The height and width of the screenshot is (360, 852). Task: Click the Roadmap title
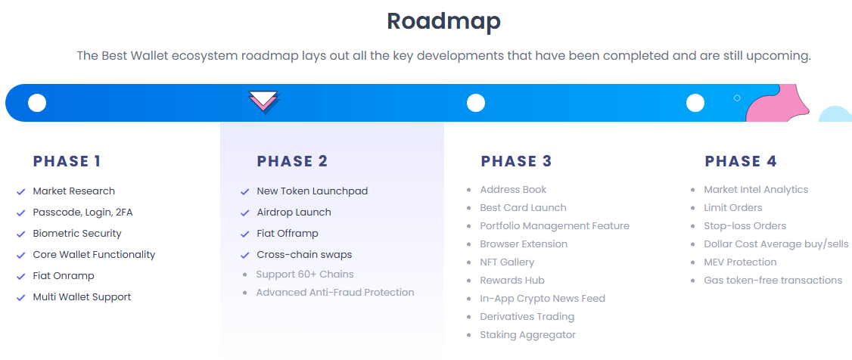point(443,21)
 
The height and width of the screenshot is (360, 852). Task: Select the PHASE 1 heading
point(67,161)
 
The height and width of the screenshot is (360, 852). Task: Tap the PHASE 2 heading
point(292,161)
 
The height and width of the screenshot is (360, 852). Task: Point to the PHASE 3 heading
point(516,161)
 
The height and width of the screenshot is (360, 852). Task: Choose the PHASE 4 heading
point(740,161)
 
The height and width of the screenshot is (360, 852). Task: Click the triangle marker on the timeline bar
point(263,101)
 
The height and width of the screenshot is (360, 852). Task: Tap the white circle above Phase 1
point(37,103)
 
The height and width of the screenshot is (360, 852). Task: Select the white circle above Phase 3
point(475,103)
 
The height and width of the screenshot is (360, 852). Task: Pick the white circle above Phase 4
point(695,103)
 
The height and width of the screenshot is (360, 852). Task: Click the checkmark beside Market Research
point(21,192)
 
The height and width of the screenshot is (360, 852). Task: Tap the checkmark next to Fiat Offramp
point(244,234)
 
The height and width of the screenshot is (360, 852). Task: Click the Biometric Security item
point(77,234)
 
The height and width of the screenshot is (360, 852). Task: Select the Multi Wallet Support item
point(82,297)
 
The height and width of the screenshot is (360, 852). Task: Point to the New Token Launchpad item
point(312,191)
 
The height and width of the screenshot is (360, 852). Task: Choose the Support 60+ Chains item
point(305,275)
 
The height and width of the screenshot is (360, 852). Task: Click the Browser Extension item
point(524,244)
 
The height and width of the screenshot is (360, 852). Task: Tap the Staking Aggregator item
point(527,335)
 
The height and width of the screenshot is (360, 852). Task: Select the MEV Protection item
point(740,262)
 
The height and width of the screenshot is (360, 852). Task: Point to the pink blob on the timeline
point(776,104)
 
